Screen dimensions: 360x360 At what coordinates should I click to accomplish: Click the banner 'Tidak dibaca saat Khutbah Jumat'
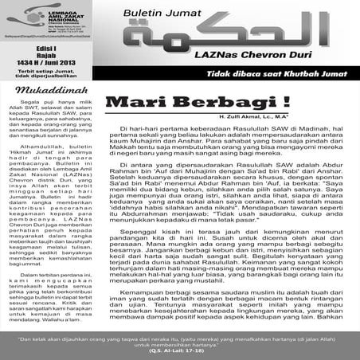[x=264, y=73]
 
